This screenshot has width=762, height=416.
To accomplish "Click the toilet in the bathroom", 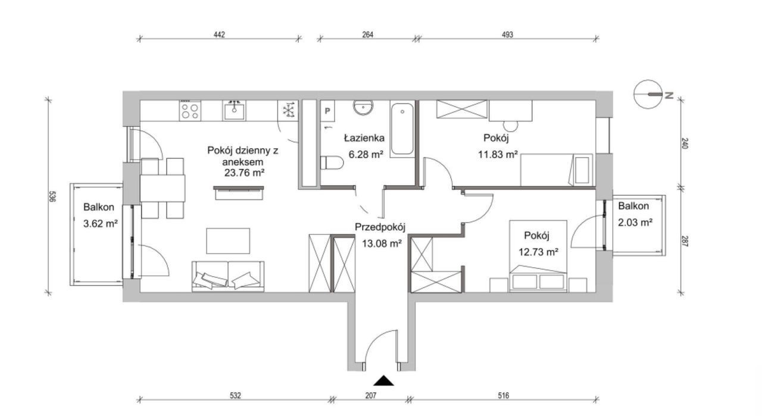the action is click(332, 162).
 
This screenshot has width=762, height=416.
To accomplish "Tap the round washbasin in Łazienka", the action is click(363, 108).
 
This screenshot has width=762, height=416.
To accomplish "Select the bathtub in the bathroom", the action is click(402, 129).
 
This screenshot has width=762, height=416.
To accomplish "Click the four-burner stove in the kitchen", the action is click(190, 111).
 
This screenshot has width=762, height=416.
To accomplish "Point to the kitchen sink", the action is click(234, 111).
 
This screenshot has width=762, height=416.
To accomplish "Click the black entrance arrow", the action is click(383, 381).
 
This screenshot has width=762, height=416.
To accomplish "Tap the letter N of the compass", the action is click(669, 96).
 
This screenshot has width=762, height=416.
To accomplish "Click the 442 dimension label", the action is click(220, 35).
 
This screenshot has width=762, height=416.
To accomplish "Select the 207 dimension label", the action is click(371, 396).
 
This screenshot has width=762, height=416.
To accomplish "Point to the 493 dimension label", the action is click(507, 35).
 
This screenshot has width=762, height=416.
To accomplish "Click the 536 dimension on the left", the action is click(52, 196).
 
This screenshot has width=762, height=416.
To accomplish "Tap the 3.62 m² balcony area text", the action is click(101, 224).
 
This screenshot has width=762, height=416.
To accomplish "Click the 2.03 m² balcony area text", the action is click(635, 223).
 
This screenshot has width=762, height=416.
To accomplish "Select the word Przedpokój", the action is click(380, 227).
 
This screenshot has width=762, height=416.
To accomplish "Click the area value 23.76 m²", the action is click(244, 173).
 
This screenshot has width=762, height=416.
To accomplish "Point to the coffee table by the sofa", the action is click(228, 241).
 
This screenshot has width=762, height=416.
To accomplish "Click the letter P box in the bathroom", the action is click(327, 111).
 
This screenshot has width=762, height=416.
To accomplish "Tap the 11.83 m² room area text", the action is click(498, 155).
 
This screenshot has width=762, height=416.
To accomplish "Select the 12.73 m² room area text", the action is click(538, 252).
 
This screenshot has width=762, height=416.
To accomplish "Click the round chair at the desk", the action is click(510, 126).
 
